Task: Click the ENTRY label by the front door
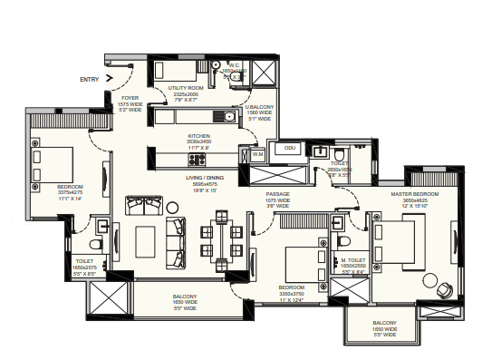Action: click(90, 80)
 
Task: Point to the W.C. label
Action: click(234, 65)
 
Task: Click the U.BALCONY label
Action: click(260, 107)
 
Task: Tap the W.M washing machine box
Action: click(256, 155)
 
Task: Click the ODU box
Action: click(290, 148)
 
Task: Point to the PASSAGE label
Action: click(277, 194)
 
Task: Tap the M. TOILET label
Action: click(353, 259)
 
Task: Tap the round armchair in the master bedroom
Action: click(446, 289)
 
